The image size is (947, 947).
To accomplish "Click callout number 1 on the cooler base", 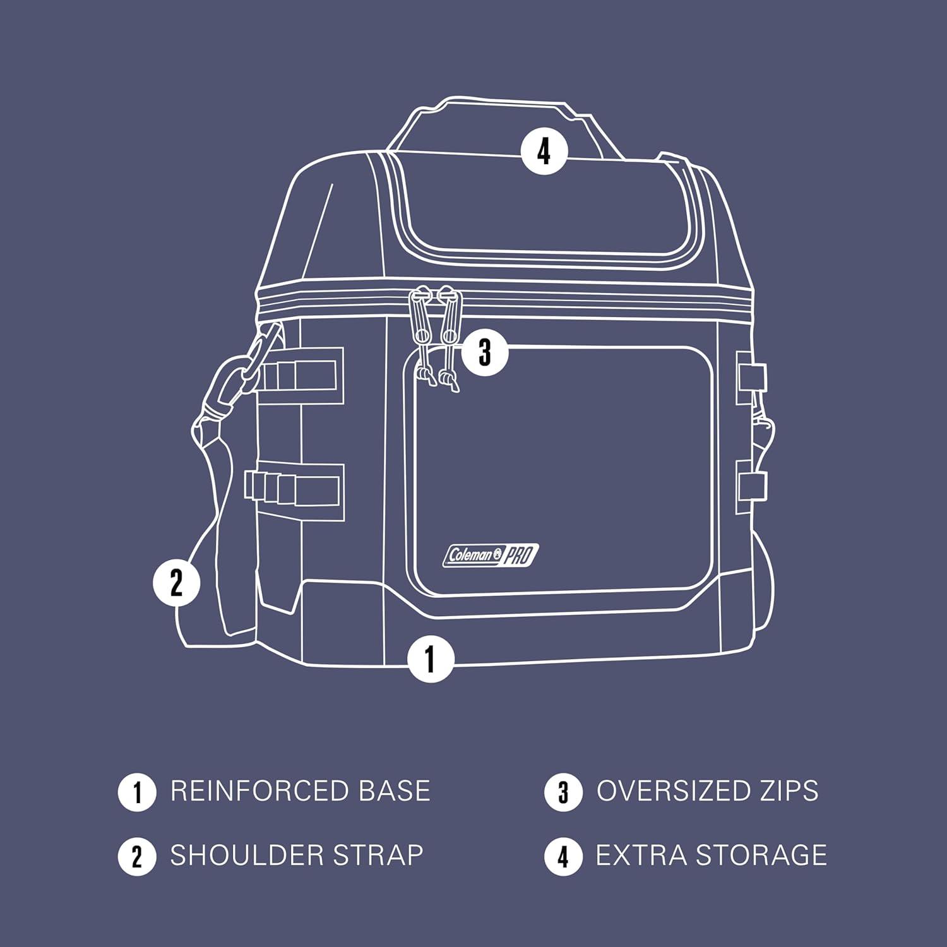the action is (x=431, y=658).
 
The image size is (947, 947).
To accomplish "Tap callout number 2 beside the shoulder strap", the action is (x=177, y=581).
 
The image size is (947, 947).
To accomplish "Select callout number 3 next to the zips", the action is (x=485, y=352).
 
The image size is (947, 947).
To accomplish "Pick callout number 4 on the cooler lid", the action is (x=544, y=152).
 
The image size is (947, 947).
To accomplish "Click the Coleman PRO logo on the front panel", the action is (x=491, y=556).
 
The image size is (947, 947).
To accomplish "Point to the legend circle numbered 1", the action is (x=137, y=792).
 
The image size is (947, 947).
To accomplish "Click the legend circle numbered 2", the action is (x=137, y=857).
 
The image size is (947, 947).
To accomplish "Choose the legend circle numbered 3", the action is (x=563, y=792).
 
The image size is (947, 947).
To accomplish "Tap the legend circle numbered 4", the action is (x=563, y=857).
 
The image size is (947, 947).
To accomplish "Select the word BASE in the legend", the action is (x=394, y=791).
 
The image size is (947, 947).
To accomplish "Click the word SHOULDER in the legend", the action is (x=247, y=855).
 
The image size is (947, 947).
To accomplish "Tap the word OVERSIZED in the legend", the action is (x=671, y=791).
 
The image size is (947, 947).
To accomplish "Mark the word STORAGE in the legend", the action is (x=761, y=855).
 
